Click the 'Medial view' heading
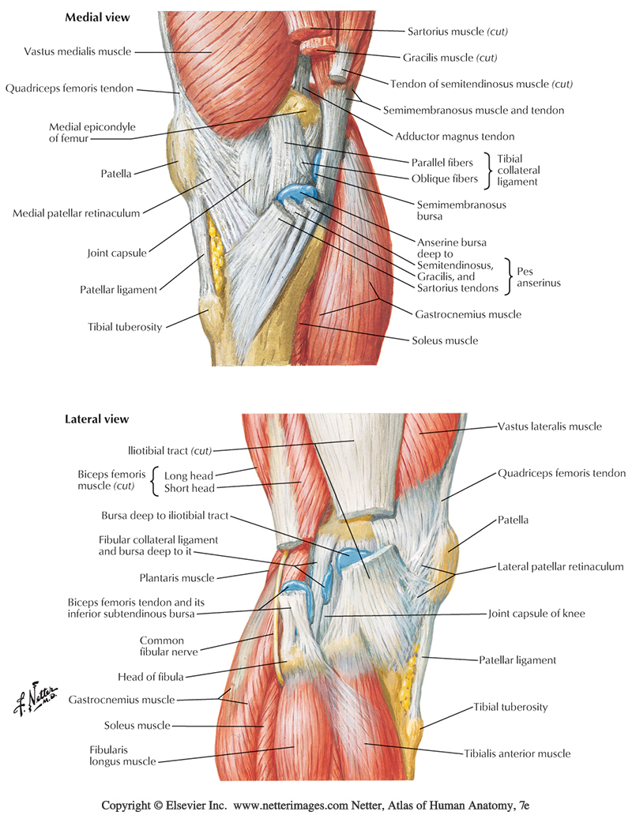tap(97, 17)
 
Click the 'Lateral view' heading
tap(96, 419)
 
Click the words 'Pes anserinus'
tap(540, 277)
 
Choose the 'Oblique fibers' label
tap(444, 178)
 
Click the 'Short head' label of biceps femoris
tap(189, 489)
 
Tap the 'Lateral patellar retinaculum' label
tap(561, 566)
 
